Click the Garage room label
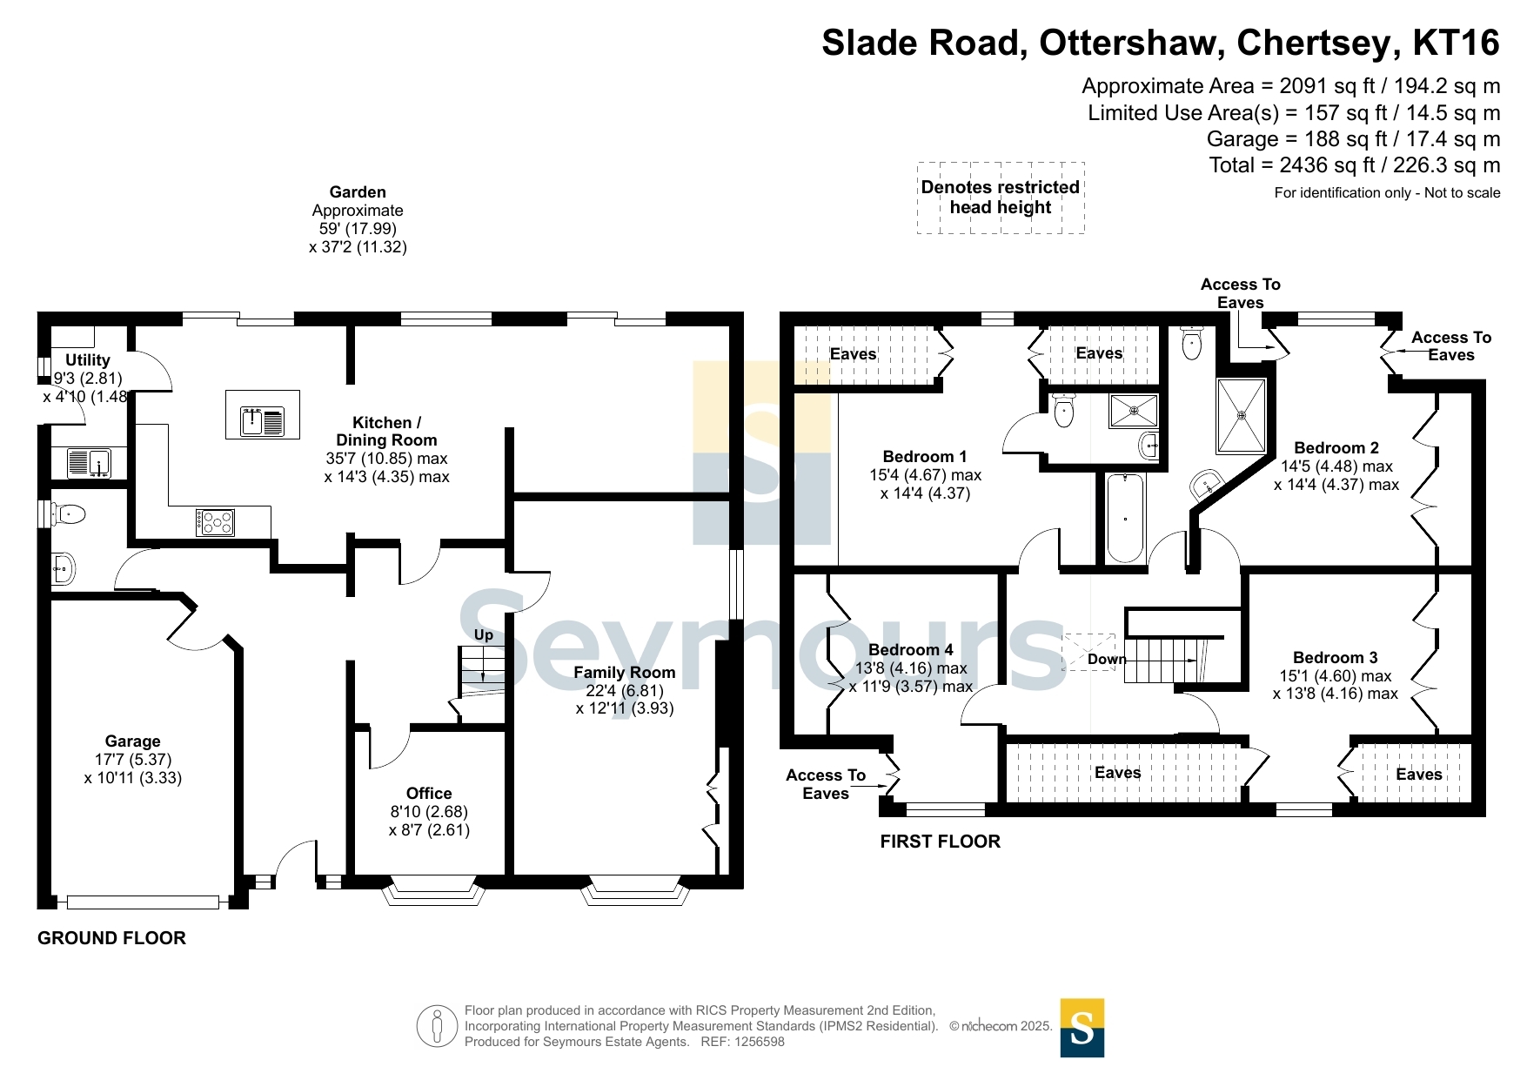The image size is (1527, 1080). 132,741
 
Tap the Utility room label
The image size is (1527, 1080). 88,360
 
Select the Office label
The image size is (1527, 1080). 429,794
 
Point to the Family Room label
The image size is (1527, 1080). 625,673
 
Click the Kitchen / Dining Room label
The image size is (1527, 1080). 386,432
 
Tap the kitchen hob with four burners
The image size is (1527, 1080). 215,522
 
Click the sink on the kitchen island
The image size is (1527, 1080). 263,422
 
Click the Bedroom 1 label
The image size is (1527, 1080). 925,457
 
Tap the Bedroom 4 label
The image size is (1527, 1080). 911,650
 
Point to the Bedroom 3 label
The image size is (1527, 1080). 1336,658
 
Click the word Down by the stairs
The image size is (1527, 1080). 1107,660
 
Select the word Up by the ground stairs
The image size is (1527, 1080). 484,635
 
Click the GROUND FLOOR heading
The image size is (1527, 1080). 112,938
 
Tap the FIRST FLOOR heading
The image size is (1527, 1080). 941,842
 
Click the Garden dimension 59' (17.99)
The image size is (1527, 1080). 358,229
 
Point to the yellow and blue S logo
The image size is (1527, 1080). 1082,1028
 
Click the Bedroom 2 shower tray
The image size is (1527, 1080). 1242,416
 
